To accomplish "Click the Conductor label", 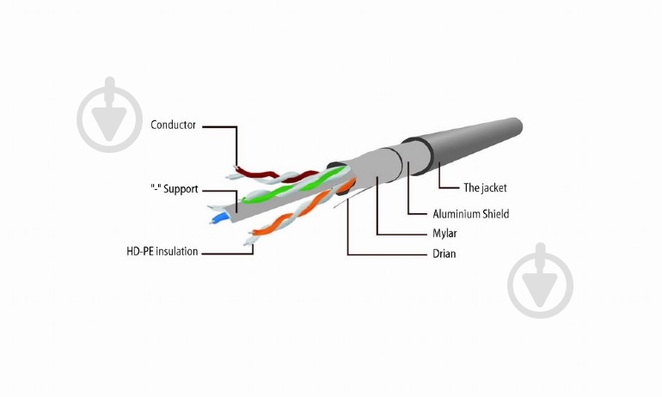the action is (x=173, y=125).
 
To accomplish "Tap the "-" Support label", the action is (x=175, y=188).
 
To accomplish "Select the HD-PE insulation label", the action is (x=162, y=252).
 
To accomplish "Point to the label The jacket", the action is (x=485, y=187).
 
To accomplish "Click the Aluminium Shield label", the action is (x=471, y=214).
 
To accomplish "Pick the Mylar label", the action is (x=444, y=234).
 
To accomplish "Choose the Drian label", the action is (x=444, y=253).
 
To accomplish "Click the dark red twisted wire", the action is (x=274, y=174).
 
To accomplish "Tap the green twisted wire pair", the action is (x=296, y=186).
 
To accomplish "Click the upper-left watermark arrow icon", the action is (x=110, y=115).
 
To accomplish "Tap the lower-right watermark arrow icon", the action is (x=541, y=280).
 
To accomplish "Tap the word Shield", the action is (x=496, y=214).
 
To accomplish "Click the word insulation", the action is (x=177, y=252).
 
